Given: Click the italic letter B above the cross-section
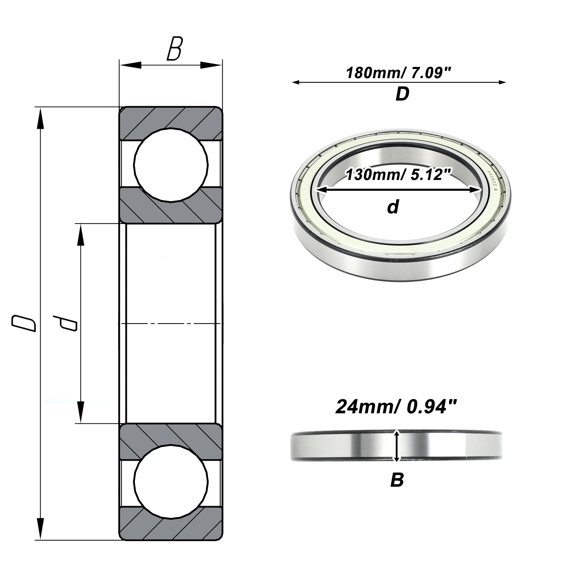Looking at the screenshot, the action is click(175, 49).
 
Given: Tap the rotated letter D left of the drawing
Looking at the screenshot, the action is click(24, 323).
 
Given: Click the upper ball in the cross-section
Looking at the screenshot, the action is click(171, 165).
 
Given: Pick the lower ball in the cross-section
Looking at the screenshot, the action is click(171, 482).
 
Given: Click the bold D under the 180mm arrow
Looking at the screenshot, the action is click(403, 94).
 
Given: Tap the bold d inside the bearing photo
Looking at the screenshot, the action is click(393, 207).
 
